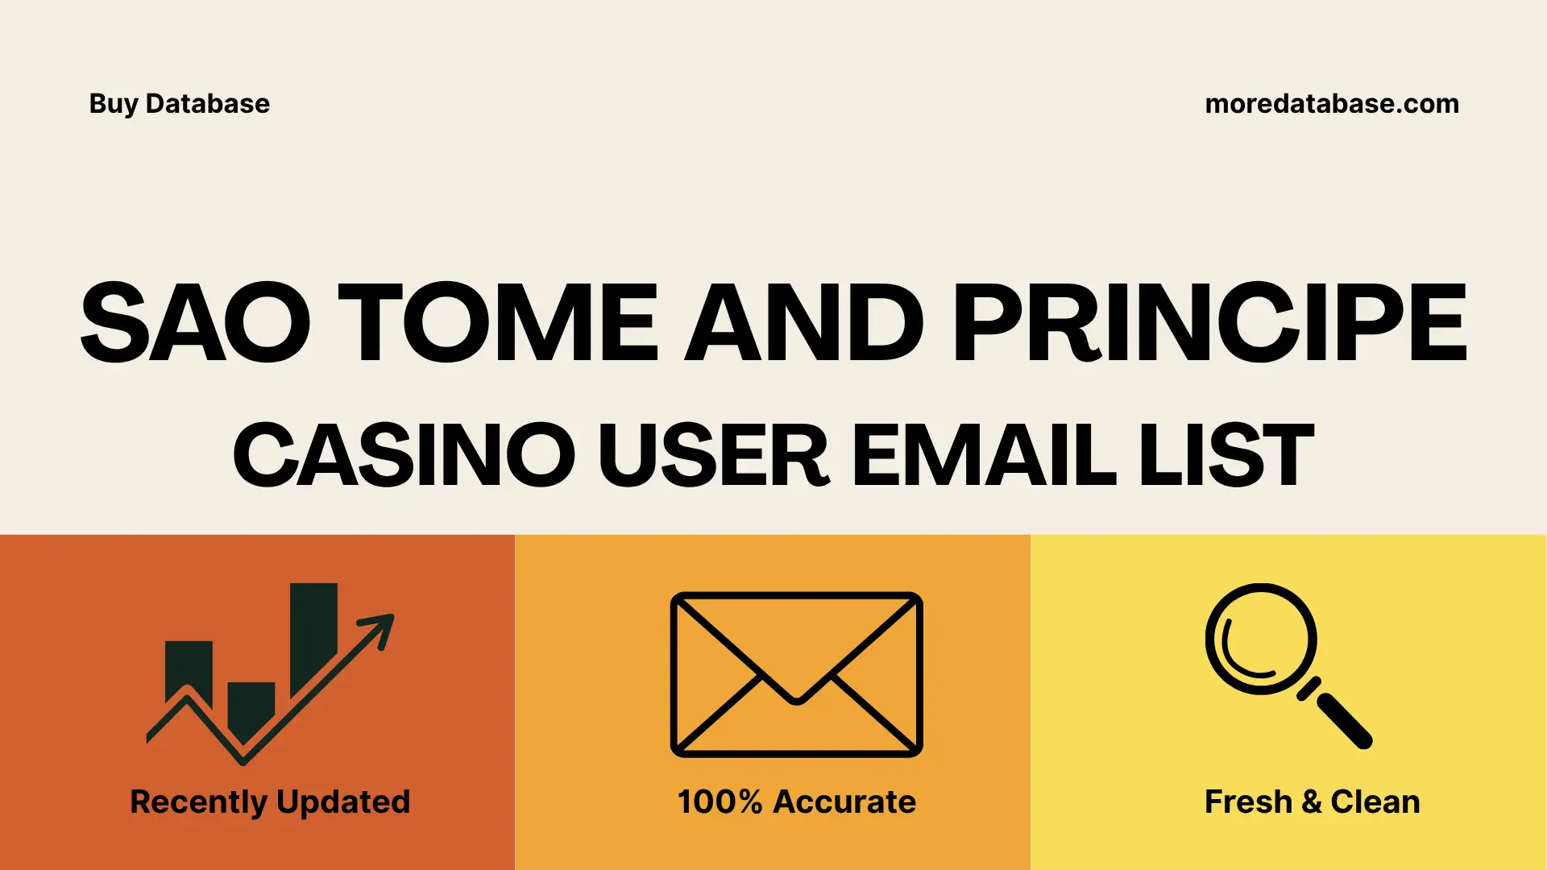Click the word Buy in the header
click(113, 104)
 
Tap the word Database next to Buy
click(207, 104)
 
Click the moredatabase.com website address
click(1331, 104)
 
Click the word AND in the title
click(804, 323)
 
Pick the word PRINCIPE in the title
click(1209, 323)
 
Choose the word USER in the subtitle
click(713, 456)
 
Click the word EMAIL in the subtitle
click(984, 456)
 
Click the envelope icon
click(796, 674)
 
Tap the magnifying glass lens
click(1260, 639)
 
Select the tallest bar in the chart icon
click(313, 632)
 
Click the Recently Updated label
click(270, 802)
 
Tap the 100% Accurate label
click(796, 802)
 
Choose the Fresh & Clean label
click(1312, 802)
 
